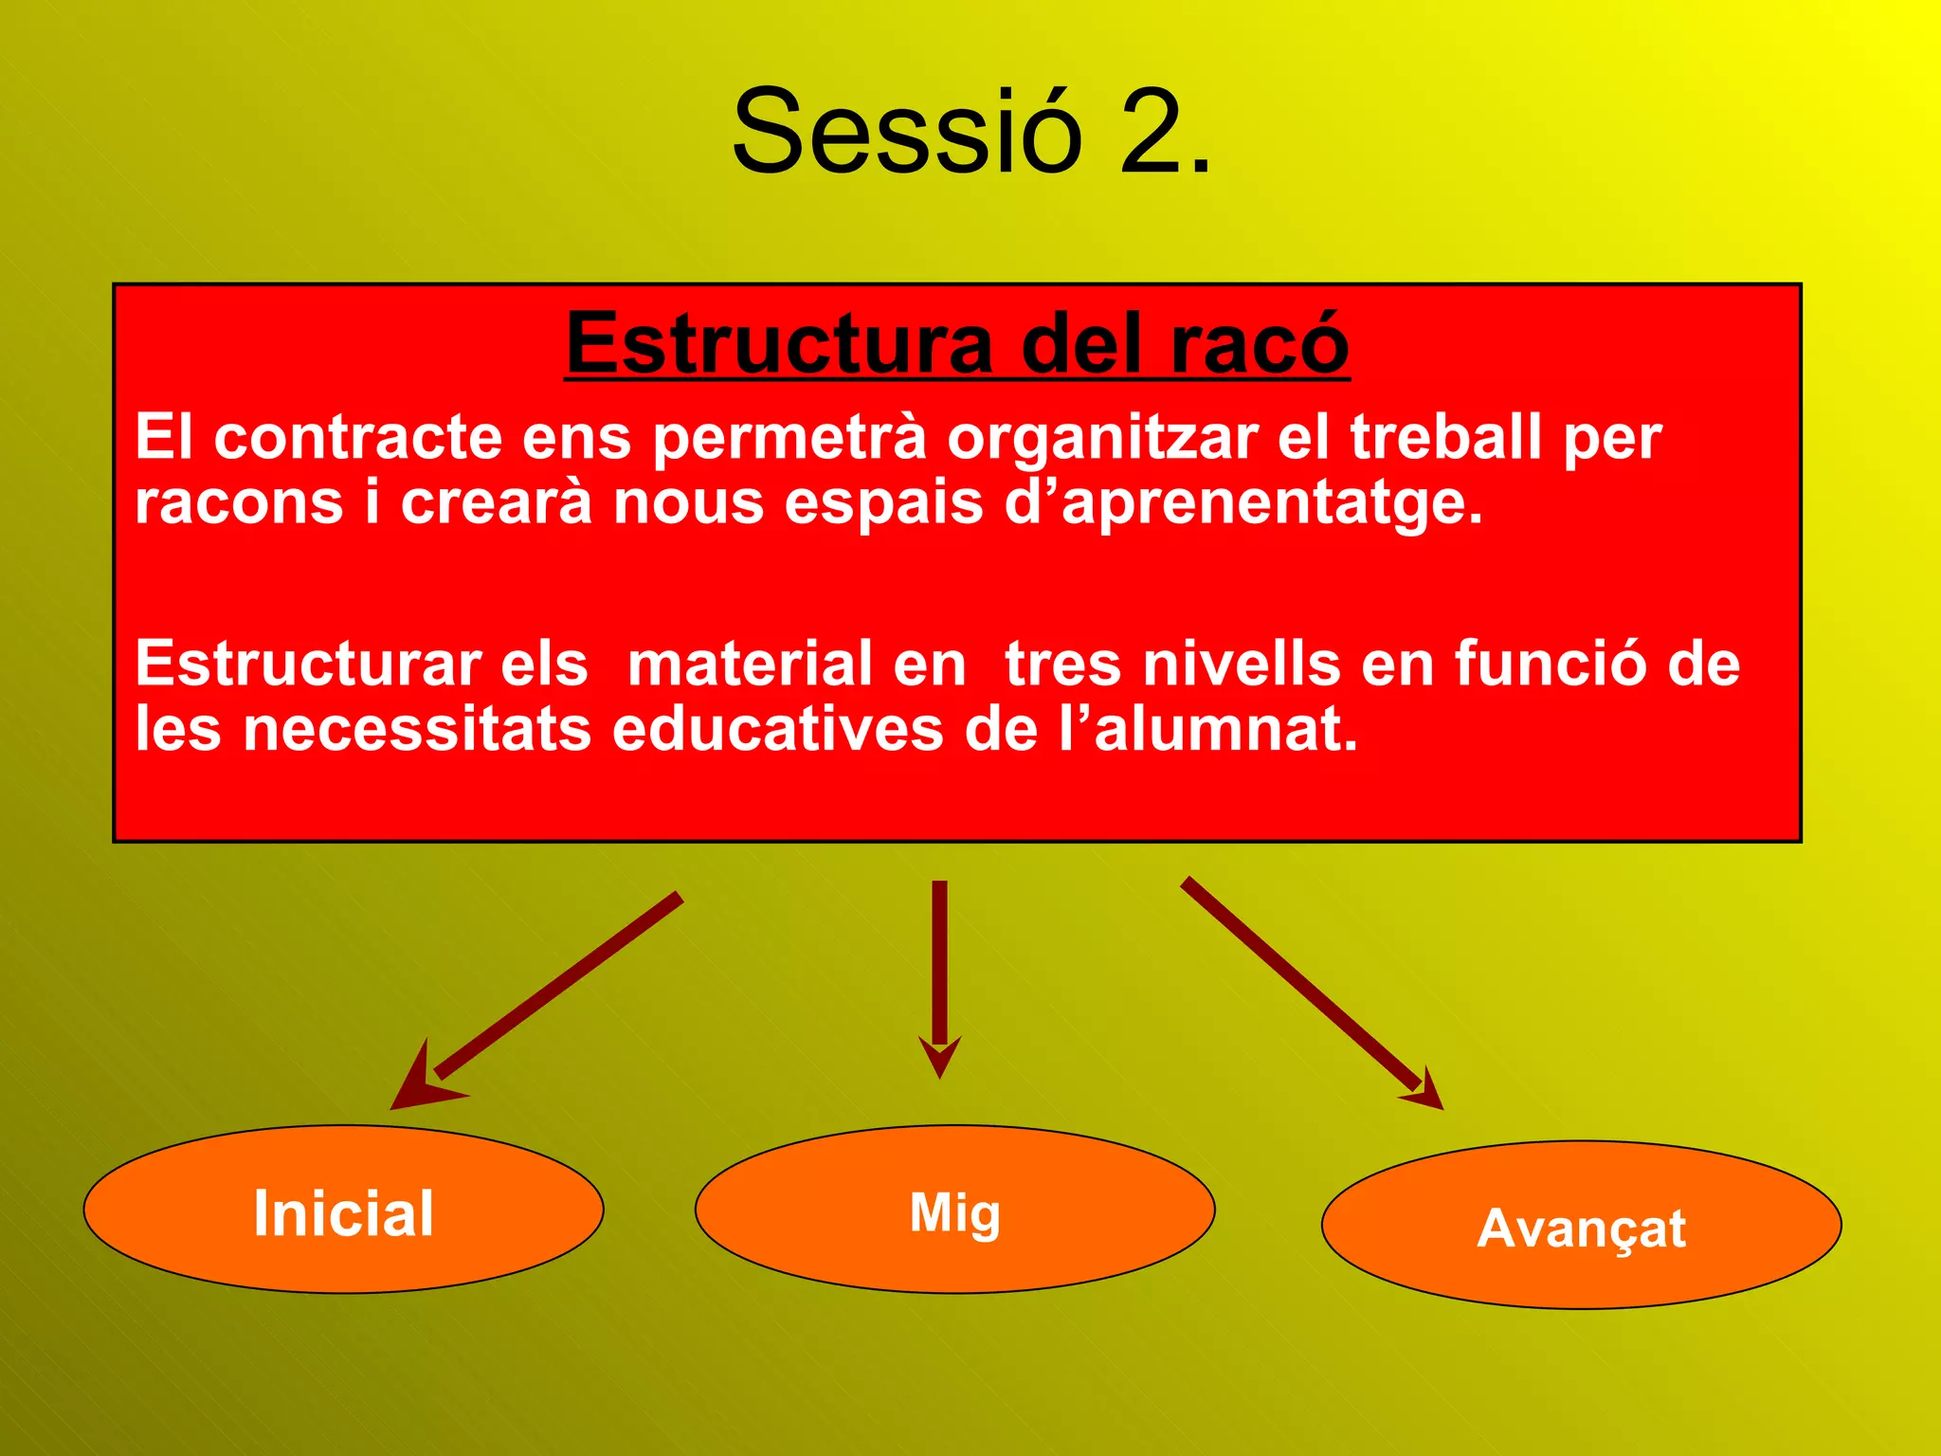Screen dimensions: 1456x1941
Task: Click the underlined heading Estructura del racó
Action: point(957,343)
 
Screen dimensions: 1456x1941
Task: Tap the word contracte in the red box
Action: point(357,438)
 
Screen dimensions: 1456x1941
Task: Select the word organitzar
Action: point(1102,438)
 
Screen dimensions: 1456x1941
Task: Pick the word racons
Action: point(239,502)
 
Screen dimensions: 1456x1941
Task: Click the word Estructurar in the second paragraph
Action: point(308,664)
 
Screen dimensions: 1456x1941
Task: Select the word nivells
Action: point(1242,664)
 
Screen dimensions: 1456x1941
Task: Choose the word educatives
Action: point(778,730)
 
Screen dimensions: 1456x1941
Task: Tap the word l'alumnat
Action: point(1208,730)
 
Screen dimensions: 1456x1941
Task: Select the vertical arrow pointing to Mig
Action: point(939,976)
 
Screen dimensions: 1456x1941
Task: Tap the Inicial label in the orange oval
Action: point(343,1213)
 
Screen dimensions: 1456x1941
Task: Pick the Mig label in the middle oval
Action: point(954,1213)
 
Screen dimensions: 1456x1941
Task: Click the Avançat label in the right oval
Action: point(1581,1228)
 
